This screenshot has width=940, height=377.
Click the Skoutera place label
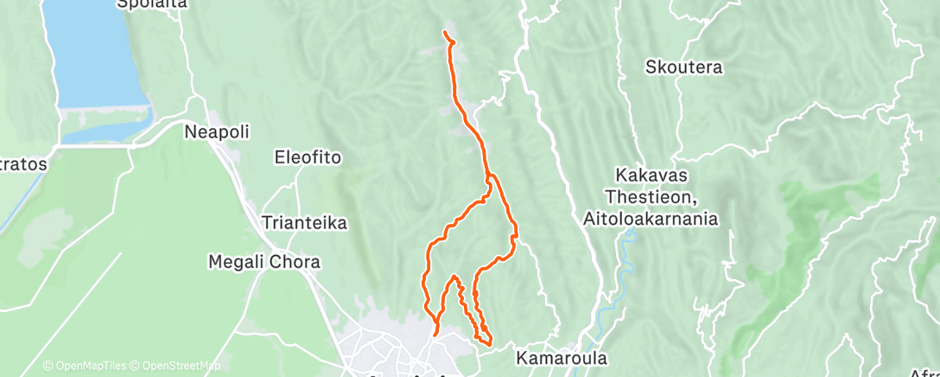click(684, 67)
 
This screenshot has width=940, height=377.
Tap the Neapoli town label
click(217, 131)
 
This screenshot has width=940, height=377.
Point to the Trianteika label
click(304, 223)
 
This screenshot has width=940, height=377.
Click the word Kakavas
click(651, 175)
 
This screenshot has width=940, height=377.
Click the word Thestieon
click(651, 197)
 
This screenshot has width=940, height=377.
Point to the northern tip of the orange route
click(445, 33)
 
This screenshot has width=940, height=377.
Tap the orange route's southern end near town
click(435, 333)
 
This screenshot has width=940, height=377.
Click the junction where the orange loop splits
click(489, 178)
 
